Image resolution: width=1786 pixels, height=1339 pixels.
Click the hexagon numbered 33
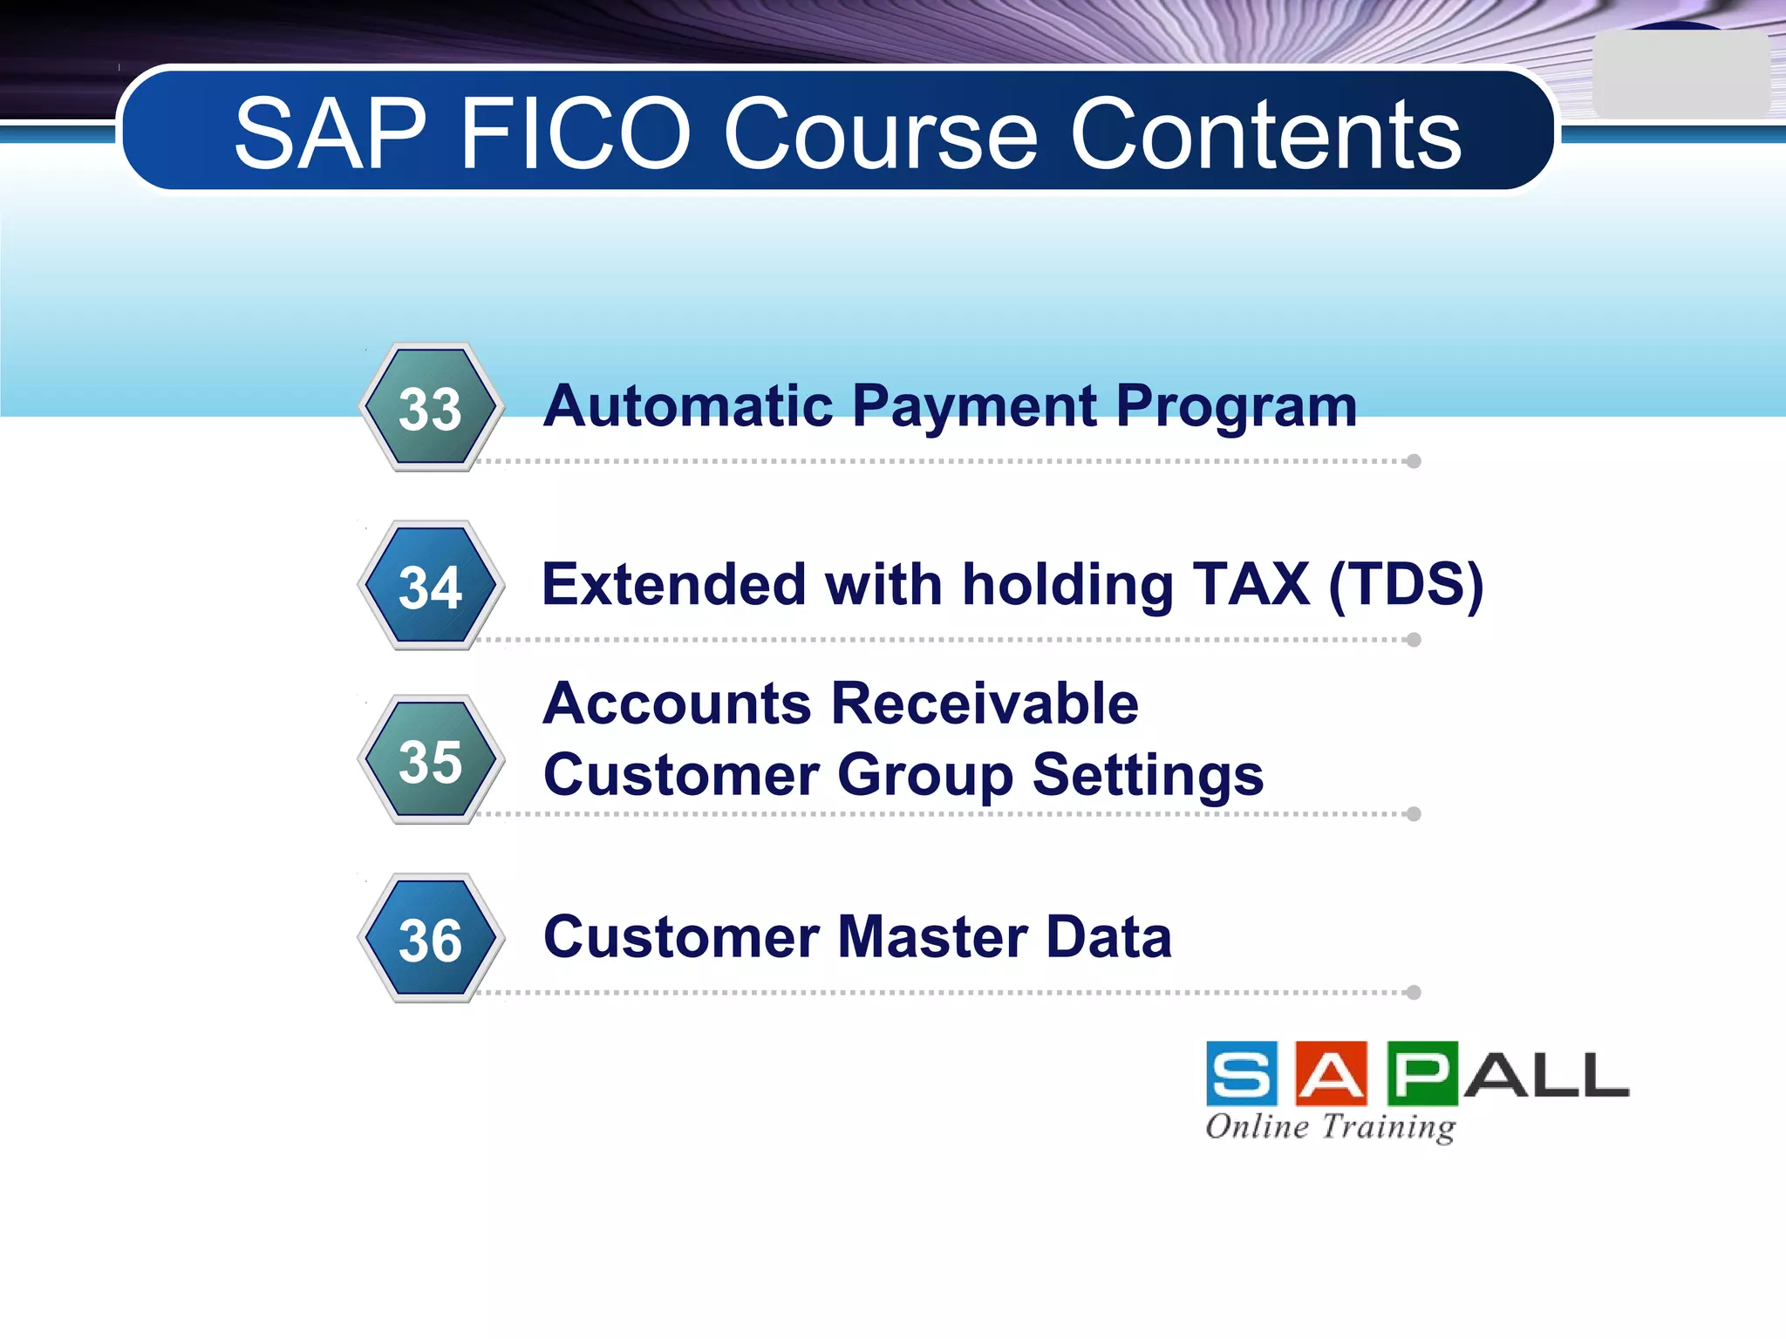[x=430, y=408]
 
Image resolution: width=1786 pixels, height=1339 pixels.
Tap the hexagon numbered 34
[x=430, y=586]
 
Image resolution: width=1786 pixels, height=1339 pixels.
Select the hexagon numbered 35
[x=430, y=760]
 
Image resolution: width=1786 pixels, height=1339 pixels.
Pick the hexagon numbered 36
[x=430, y=939]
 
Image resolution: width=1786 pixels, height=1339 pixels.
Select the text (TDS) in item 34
[x=1406, y=584]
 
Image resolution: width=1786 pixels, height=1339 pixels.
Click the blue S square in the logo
[x=1242, y=1073]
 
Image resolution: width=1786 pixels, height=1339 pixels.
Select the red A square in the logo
[x=1331, y=1073]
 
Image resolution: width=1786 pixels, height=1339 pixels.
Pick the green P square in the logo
[x=1421, y=1073]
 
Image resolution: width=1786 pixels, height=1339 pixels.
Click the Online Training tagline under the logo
[x=1330, y=1126]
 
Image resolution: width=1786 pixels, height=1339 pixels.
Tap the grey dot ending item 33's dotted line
[x=1414, y=461]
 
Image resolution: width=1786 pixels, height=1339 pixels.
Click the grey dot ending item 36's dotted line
[x=1414, y=992]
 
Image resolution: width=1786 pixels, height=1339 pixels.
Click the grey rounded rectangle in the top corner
[x=1680, y=75]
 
